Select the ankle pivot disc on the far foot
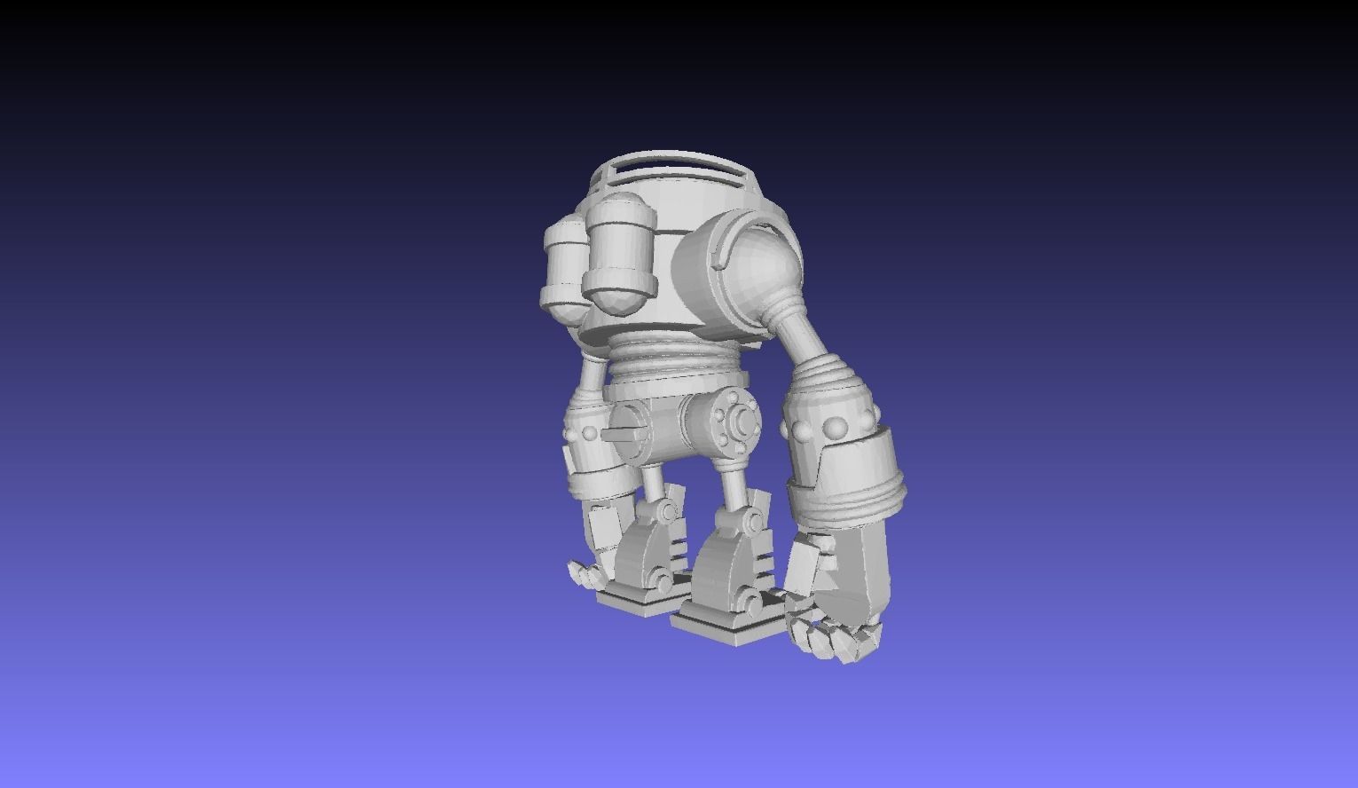(662, 582)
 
